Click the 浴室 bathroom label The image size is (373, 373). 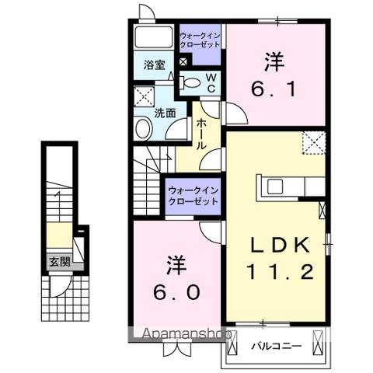pyautogui.click(x=154, y=66)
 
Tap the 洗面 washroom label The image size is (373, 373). pyautogui.click(x=165, y=112)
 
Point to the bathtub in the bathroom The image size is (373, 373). pyautogui.click(x=154, y=37)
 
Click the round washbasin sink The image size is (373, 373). pyautogui.click(x=143, y=128)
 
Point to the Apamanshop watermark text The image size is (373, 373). pyautogui.click(x=180, y=336)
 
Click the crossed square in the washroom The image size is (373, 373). pyautogui.click(x=145, y=97)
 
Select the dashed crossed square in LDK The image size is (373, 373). pyautogui.click(x=315, y=143)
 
